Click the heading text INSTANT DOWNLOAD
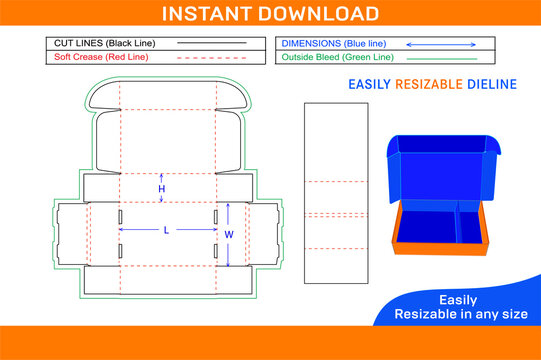click(x=270, y=13)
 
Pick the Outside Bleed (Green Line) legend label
click(x=334, y=58)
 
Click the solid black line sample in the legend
click(x=211, y=44)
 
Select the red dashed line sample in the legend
click(x=211, y=58)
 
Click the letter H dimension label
click(x=162, y=189)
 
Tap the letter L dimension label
click(x=166, y=231)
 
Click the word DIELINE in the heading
click(x=493, y=84)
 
